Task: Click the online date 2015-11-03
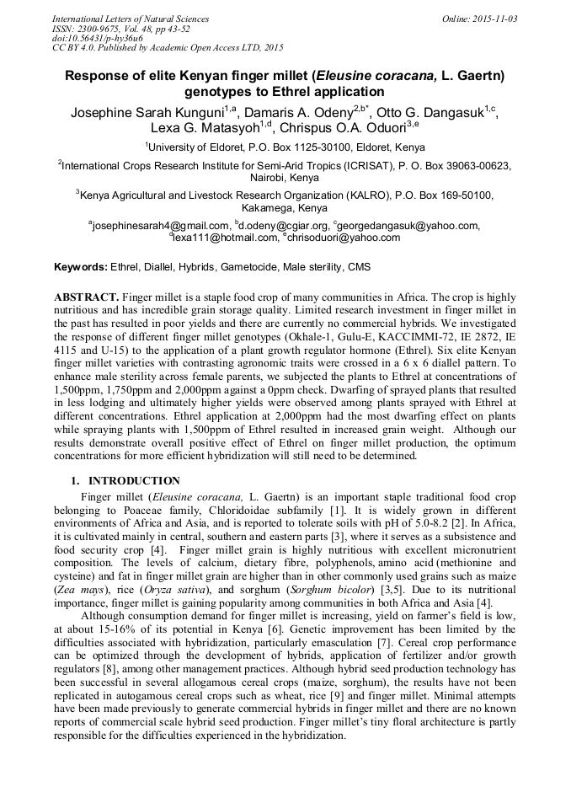[x=495, y=19]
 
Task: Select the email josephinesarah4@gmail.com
[x=160, y=226]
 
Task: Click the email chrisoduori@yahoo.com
[x=333, y=238]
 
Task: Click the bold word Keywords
[x=81, y=267]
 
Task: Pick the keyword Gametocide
[x=250, y=267]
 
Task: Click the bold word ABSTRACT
[x=86, y=297]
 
